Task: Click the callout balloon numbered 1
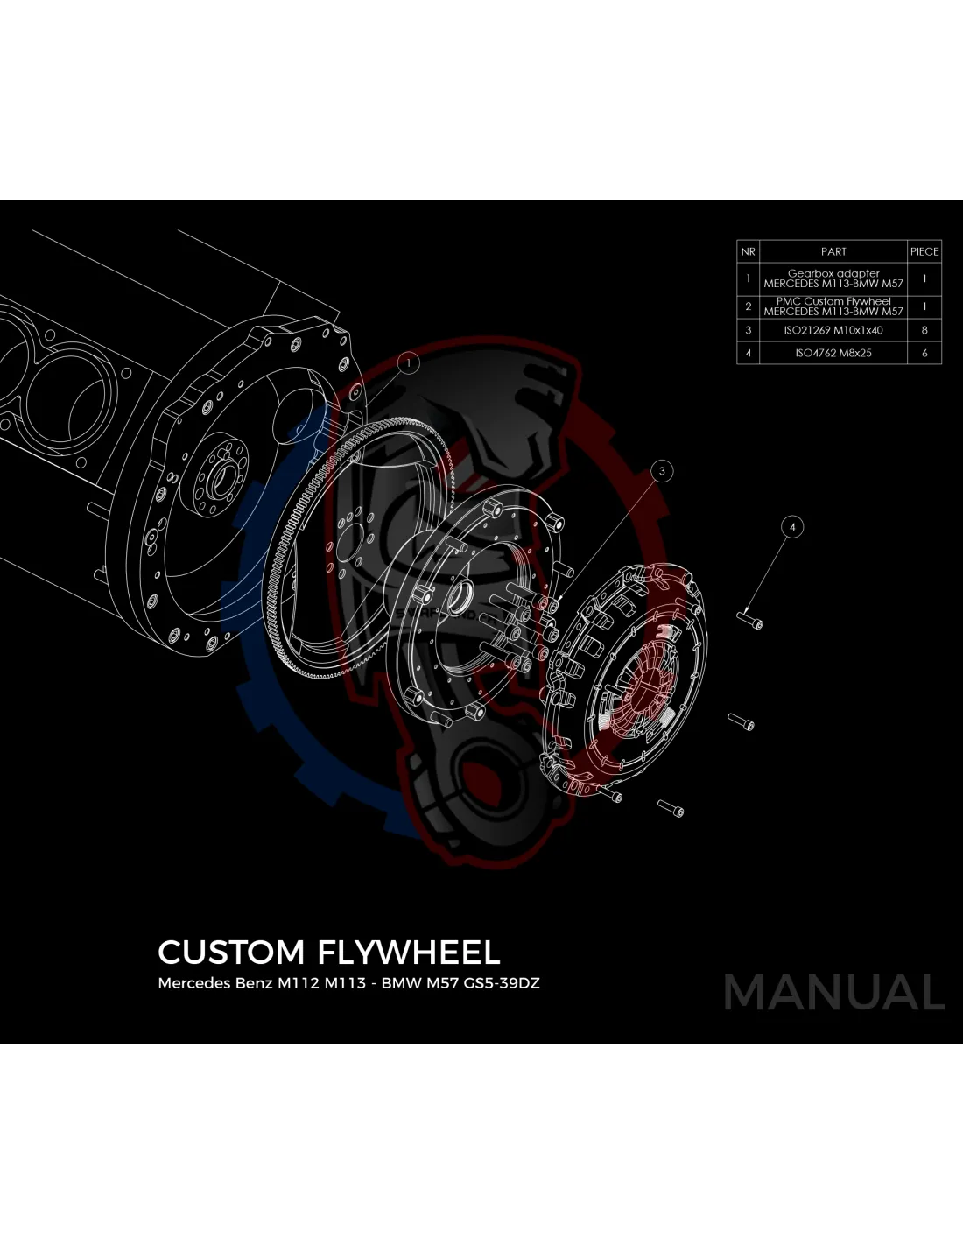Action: (408, 362)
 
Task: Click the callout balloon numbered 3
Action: (662, 471)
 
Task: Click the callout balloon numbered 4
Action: (792, 527)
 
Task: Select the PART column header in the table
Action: (833, 251)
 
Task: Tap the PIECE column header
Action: (924, 251)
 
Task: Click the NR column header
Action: (748, 251)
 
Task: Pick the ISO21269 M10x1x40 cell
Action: (833, 331)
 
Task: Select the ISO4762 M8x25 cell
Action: (833, 354)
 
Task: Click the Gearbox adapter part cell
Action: (833, 278)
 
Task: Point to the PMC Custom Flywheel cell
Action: (833, 306)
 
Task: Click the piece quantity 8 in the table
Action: (924, 331)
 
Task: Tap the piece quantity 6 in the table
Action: (924, 354)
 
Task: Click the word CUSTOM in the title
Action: (231, 953)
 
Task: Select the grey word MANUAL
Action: (834, 993)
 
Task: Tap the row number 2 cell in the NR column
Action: (748, 306)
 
